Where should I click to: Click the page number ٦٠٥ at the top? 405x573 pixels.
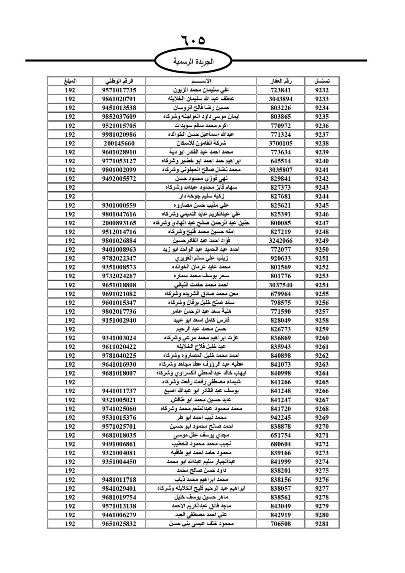193,41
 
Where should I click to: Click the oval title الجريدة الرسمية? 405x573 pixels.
193,62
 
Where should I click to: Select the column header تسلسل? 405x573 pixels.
322,81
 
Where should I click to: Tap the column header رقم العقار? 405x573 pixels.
281,81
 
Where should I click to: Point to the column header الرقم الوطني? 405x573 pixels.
119,81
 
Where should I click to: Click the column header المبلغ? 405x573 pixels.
70,81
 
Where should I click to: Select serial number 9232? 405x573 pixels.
322,90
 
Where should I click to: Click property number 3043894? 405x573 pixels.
281,99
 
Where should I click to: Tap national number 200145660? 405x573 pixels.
119,143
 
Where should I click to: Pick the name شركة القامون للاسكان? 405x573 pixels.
201,143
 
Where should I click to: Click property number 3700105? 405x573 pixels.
281,143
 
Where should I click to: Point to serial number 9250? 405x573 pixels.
322,250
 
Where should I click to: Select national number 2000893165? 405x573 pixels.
119,223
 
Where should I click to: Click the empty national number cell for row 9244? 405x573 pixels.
119,197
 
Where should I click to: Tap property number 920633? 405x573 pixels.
281,259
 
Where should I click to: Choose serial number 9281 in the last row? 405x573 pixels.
322,524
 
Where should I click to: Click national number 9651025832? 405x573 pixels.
119,524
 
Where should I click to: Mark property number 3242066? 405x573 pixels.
281,241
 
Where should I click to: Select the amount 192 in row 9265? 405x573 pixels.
70,382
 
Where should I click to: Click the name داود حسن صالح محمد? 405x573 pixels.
201,471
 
